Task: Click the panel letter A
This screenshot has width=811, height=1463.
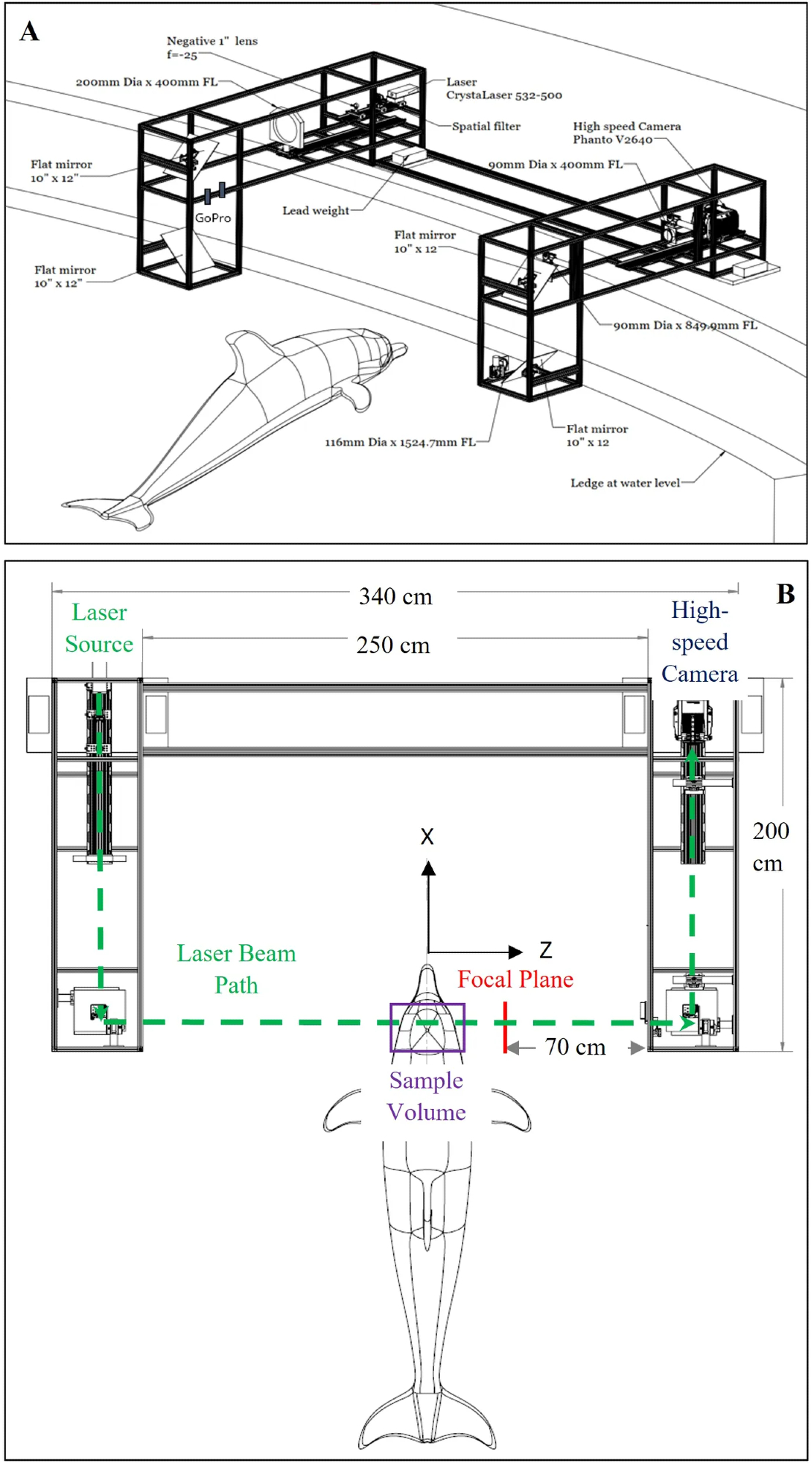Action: pyautogui.click(x=29, y=31)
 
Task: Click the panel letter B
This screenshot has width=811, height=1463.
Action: pyautogui.click(x=785, y=594)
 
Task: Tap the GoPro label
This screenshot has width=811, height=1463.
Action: pyautogui.click(x=213, y=218)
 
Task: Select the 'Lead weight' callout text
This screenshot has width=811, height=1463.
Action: pyautogui.click(x=315, y=211)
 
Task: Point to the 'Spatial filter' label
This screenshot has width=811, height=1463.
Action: pyautogui.click(x=486, y=127)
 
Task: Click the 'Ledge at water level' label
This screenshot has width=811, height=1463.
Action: pyautogui.click(x=624, y=483)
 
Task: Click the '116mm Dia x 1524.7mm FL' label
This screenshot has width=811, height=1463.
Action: pyautogui.click(x=400, y=442)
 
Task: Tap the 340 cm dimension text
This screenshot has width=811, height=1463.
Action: pyautogui.click(x=395, y=597)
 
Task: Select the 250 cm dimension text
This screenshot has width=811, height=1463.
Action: pyautogui.click(x=393, y=645)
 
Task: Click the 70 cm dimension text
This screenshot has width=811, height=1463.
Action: pyautogui.click(x=575, y=1048)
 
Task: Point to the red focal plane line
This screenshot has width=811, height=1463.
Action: pyautogui.click(x=505, y=1028)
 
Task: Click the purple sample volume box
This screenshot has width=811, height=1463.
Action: pyautogui.click(x=427, y=1027)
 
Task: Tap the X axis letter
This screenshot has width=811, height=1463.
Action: pyautogui.click(x=427, y=836)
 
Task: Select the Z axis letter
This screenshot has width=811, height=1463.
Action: pyautogui.click(x=545, y=950)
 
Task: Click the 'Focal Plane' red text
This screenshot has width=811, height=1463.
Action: pyautogui.click(x=515, y=979)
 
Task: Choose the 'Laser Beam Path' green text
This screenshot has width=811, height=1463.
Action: pyautogui.click(x=236, y=969)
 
